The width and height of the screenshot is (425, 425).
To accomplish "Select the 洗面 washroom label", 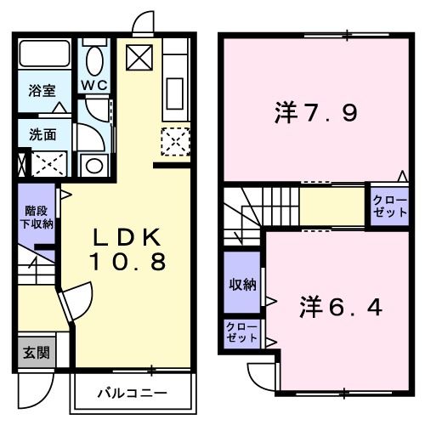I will [39, 133].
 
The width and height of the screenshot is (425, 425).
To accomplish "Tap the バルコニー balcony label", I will [130, 394].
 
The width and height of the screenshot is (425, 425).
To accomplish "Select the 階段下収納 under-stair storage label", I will [37, 218].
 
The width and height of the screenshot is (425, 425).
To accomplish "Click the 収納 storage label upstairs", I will [241, 285].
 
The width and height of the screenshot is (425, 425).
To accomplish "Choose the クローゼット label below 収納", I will [241, 332].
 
